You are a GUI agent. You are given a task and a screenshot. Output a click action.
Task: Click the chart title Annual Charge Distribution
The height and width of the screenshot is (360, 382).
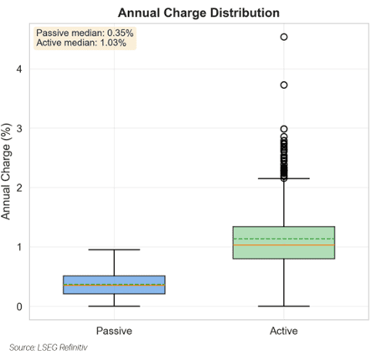click(x=199, y=13)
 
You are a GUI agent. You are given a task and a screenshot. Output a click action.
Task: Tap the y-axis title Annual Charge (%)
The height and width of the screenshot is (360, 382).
click(x=6, y=172)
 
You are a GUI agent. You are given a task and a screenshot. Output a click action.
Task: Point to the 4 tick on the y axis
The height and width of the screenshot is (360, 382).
click(x=19, y=69)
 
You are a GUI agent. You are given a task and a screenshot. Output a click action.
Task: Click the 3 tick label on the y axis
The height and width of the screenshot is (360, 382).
click(x=19, y=128)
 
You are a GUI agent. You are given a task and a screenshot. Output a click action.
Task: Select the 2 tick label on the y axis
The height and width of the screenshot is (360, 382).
click(x=19, y=188)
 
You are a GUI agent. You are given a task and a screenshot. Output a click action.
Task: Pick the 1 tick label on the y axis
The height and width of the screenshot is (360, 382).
click(x=19, y=247)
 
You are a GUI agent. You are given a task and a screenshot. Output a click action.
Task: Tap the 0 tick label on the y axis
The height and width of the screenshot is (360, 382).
click(x=19, y=306)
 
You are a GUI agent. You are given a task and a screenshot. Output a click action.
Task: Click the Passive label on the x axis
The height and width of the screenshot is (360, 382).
click(x=114, y=331)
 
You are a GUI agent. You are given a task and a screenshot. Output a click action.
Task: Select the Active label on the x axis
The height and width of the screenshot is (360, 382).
click(x=284, y=331)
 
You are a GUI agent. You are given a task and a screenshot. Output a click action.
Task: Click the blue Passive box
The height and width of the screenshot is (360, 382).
click(x=114, y=285)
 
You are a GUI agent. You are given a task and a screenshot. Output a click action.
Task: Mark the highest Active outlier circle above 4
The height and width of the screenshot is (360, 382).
click(x=284, y=37)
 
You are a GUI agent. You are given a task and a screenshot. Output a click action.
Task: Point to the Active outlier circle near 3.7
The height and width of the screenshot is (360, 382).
click(x=284, y=85)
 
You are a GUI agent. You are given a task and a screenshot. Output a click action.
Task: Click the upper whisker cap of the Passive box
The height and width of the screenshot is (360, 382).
click(x=114, y=249)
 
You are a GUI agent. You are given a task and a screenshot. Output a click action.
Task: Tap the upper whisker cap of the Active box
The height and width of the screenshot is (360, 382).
click(x=284, y=178)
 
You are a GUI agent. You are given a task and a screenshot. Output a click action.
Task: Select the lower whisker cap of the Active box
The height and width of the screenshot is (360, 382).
click(x=284, y=306)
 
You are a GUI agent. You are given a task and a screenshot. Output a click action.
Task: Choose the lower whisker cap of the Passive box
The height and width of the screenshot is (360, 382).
click(x=114, y=306)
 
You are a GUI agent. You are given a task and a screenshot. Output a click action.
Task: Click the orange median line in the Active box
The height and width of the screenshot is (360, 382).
click(x=284, y=245)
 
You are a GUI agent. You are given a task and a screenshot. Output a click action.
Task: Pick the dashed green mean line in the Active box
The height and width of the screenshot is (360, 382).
click(x=284, y=239)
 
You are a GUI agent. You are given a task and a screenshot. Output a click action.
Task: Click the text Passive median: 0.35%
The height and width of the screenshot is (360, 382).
click(x=85, y=33)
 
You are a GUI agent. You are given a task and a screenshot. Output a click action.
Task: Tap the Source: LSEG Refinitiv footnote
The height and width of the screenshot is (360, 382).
click(x=49, y=347)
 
